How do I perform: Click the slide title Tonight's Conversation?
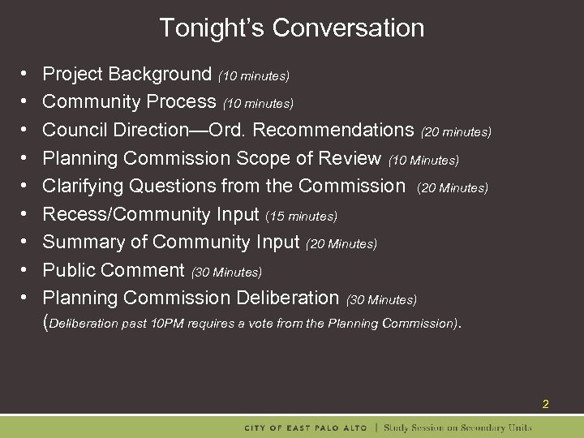[291, 28]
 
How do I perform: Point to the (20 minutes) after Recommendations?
[457, 131]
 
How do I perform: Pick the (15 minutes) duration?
[302, 217]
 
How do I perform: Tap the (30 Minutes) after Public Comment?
[226, 272]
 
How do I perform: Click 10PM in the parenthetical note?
[165, 324]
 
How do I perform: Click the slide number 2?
[546, 404]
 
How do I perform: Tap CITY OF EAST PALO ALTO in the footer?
[306, 427]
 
